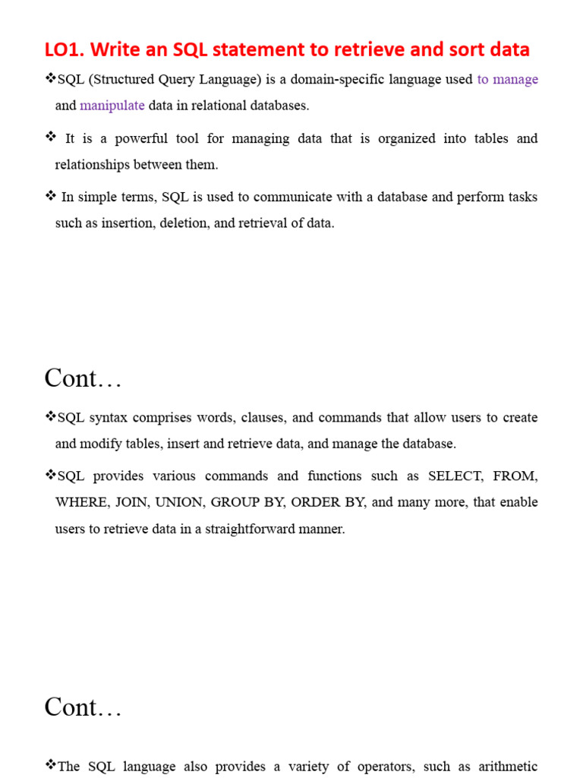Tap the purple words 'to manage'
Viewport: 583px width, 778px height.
click(507, 80)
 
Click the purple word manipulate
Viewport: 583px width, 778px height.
click(112, 106)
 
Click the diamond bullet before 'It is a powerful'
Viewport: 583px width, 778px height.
click(51, 137)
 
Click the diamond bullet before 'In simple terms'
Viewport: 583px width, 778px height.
click(51, 196)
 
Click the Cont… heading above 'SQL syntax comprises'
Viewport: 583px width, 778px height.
click(83, 378)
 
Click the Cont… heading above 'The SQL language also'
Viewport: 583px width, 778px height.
click(83, 707)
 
